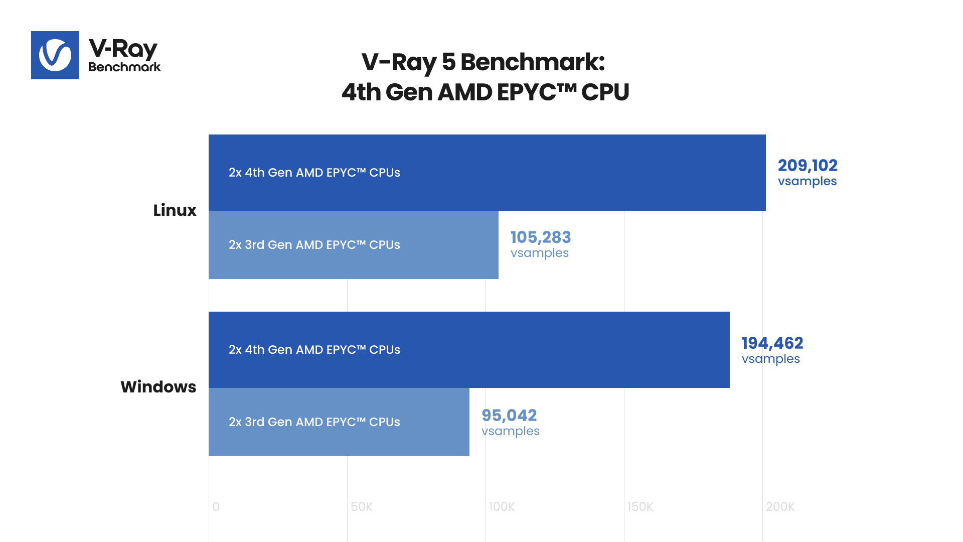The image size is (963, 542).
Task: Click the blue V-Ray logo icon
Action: (55, 55)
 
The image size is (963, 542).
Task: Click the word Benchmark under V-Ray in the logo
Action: (124, 67)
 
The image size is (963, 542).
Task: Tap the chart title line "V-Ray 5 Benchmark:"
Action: (483, 62)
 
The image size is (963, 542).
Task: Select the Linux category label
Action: (175, 210)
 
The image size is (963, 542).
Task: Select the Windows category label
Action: (158, 387)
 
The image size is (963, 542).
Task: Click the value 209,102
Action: (808, 165)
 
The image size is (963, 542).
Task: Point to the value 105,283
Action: (541, 237)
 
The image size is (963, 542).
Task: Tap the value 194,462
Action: (772, 343)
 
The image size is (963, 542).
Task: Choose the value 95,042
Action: (509, 415)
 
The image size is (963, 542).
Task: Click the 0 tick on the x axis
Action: (216, 507)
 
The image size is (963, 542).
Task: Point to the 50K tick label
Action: (362, 507)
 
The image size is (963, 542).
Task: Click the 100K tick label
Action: (502, 507)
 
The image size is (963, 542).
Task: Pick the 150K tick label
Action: (640, 507)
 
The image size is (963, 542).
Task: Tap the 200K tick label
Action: (780, 507)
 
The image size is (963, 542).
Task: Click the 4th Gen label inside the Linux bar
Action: (314, 173)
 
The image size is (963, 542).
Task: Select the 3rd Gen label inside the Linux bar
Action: (314, 245)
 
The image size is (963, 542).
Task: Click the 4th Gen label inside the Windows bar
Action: (314, 350)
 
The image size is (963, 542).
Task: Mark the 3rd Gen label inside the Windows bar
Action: (314, 422)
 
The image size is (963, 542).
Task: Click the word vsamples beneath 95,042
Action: (511, 431)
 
